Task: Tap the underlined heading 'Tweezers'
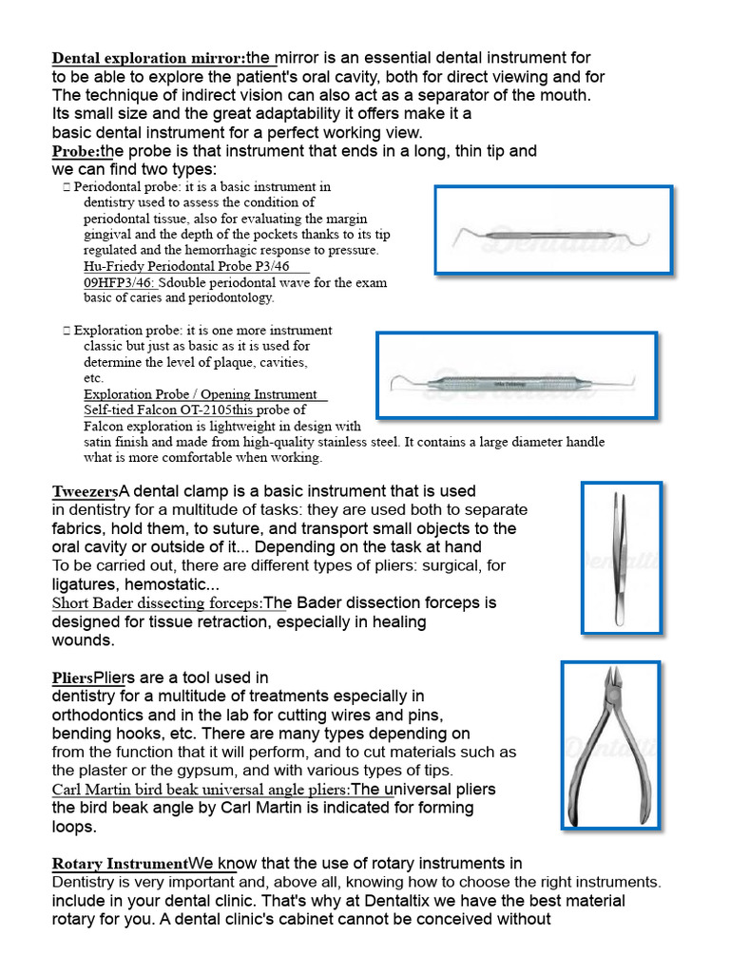click(x=84, y=492)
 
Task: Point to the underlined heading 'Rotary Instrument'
click(x=119, y=865)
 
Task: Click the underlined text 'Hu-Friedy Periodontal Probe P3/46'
click(x=185, y=267)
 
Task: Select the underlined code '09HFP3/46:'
click(x=121, y=282)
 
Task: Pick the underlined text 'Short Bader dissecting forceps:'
click(x=157, y=603)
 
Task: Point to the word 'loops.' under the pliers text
click(x=74, y=827)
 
